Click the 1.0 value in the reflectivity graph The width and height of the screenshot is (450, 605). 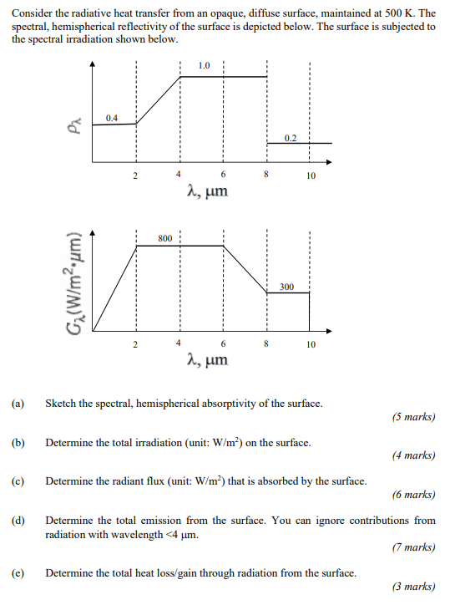tap(205, 65)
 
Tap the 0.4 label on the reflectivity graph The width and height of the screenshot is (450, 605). tap(112, 118)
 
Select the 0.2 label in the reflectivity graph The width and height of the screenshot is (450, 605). tap(289, 137)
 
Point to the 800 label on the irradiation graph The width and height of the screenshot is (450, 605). tap(164, 238)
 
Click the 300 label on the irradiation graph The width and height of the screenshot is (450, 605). tap(286, 286)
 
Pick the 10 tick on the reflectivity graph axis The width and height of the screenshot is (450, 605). tap(310, 176)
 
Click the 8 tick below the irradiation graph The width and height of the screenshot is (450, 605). tap(266, 343)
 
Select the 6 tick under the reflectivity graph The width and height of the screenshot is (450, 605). tap(223, 175)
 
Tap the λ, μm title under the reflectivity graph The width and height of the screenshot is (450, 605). tap(206, 193)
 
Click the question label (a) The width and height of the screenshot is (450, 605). tap(18, 404)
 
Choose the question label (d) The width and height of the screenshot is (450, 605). tap(18, 520)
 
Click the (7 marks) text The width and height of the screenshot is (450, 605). tap(412, 547)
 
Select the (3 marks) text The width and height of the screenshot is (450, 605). tap(412, 587)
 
